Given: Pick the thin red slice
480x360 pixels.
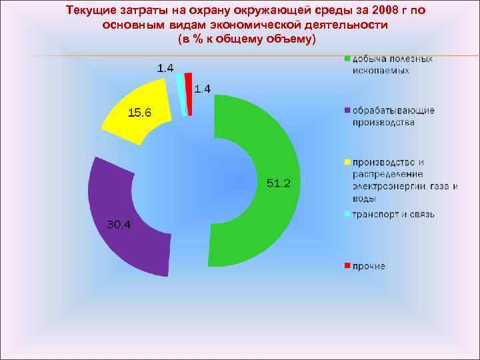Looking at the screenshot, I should pos(189,93).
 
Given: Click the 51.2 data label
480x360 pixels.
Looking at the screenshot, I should pos(278,183).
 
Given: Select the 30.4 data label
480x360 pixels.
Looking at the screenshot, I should pos(120,224).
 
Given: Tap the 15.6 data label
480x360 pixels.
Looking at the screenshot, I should pos(140,113).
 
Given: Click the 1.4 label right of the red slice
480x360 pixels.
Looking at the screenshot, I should pos(203,88).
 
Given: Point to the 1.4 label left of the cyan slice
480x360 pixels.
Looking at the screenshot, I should pos(165,68).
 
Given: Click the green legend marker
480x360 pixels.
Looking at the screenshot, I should pos(347,59).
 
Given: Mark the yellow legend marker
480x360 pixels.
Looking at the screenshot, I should pos(347,162).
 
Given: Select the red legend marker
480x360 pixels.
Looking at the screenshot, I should pos(347,266).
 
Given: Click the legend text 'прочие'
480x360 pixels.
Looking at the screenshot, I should pos(369,266).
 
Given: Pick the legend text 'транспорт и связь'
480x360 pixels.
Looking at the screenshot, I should pos(394,215).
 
